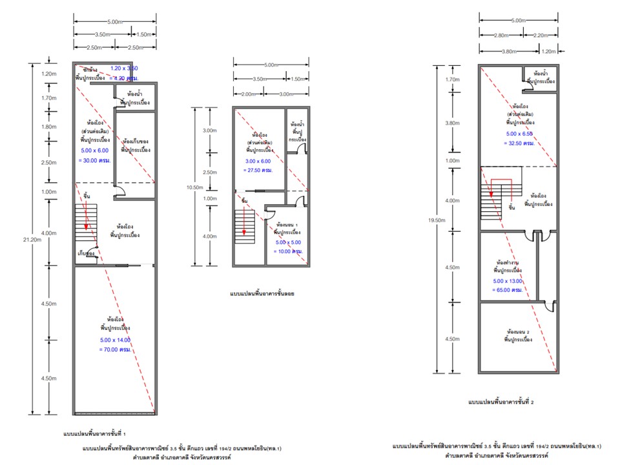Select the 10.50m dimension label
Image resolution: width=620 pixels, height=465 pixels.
(x=194, y=187)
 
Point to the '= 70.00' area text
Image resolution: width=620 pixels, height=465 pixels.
(x=114, y=349)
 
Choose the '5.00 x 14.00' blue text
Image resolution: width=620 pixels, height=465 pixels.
(x=114, y=340)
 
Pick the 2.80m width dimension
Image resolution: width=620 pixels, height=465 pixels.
(x=501, y=35)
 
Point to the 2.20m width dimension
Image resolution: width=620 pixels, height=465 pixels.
(x=541, y=35)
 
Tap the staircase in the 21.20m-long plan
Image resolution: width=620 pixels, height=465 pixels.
(x=86, y=226)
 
